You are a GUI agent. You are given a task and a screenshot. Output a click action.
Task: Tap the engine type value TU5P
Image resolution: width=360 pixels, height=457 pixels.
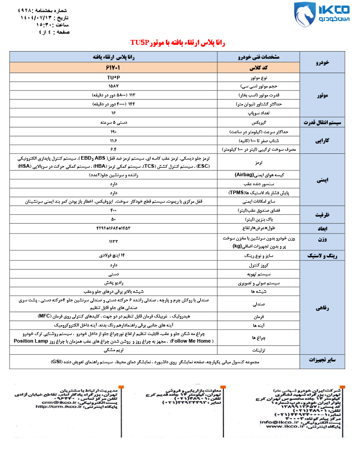click(x=113, y=78)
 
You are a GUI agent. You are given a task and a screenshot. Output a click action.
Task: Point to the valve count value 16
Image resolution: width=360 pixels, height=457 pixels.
click(x=113, y=113)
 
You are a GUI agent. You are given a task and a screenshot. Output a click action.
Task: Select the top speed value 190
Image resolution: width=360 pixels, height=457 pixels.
click(x=113, y=132)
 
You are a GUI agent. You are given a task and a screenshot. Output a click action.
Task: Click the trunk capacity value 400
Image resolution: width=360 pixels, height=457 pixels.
click(x=113, y=210)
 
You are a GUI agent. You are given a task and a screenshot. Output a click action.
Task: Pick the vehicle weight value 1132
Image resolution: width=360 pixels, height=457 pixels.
click(x=113, y=241)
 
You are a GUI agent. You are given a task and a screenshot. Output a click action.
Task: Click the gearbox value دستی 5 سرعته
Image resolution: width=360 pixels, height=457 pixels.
click(x=113, y=122)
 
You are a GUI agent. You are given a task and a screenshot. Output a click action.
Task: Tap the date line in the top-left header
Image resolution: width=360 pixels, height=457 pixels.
click(x=45, y=18)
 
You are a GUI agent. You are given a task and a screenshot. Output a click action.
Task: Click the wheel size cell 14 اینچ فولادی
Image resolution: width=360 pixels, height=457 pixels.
click(x=113, y=256)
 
